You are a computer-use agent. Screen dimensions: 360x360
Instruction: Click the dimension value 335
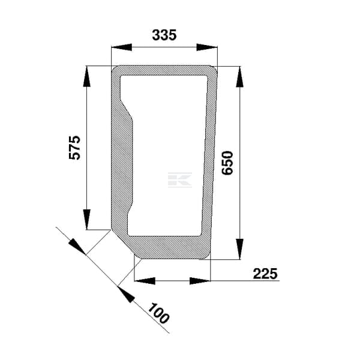click(x=164, y=35)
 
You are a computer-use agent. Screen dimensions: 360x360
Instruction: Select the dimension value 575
click(x=75, y=148)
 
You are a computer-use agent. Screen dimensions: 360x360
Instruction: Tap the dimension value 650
click(x=227, y=163)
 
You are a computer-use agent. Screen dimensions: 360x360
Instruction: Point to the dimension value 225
click(x=265, y=274)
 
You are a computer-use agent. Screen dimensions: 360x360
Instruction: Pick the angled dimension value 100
click(x=158, y=313)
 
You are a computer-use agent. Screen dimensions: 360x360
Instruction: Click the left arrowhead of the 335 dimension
click(x=121, y=47)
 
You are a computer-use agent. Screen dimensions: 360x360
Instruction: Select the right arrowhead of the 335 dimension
click(x=207, y=47)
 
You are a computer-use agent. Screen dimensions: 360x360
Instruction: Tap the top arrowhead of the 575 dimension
click(x=87, y=76)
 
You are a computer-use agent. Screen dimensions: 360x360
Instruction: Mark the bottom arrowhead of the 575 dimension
click(x=87, y=219)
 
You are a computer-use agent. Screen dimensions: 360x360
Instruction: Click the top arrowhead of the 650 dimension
click(x=239, y=77)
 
